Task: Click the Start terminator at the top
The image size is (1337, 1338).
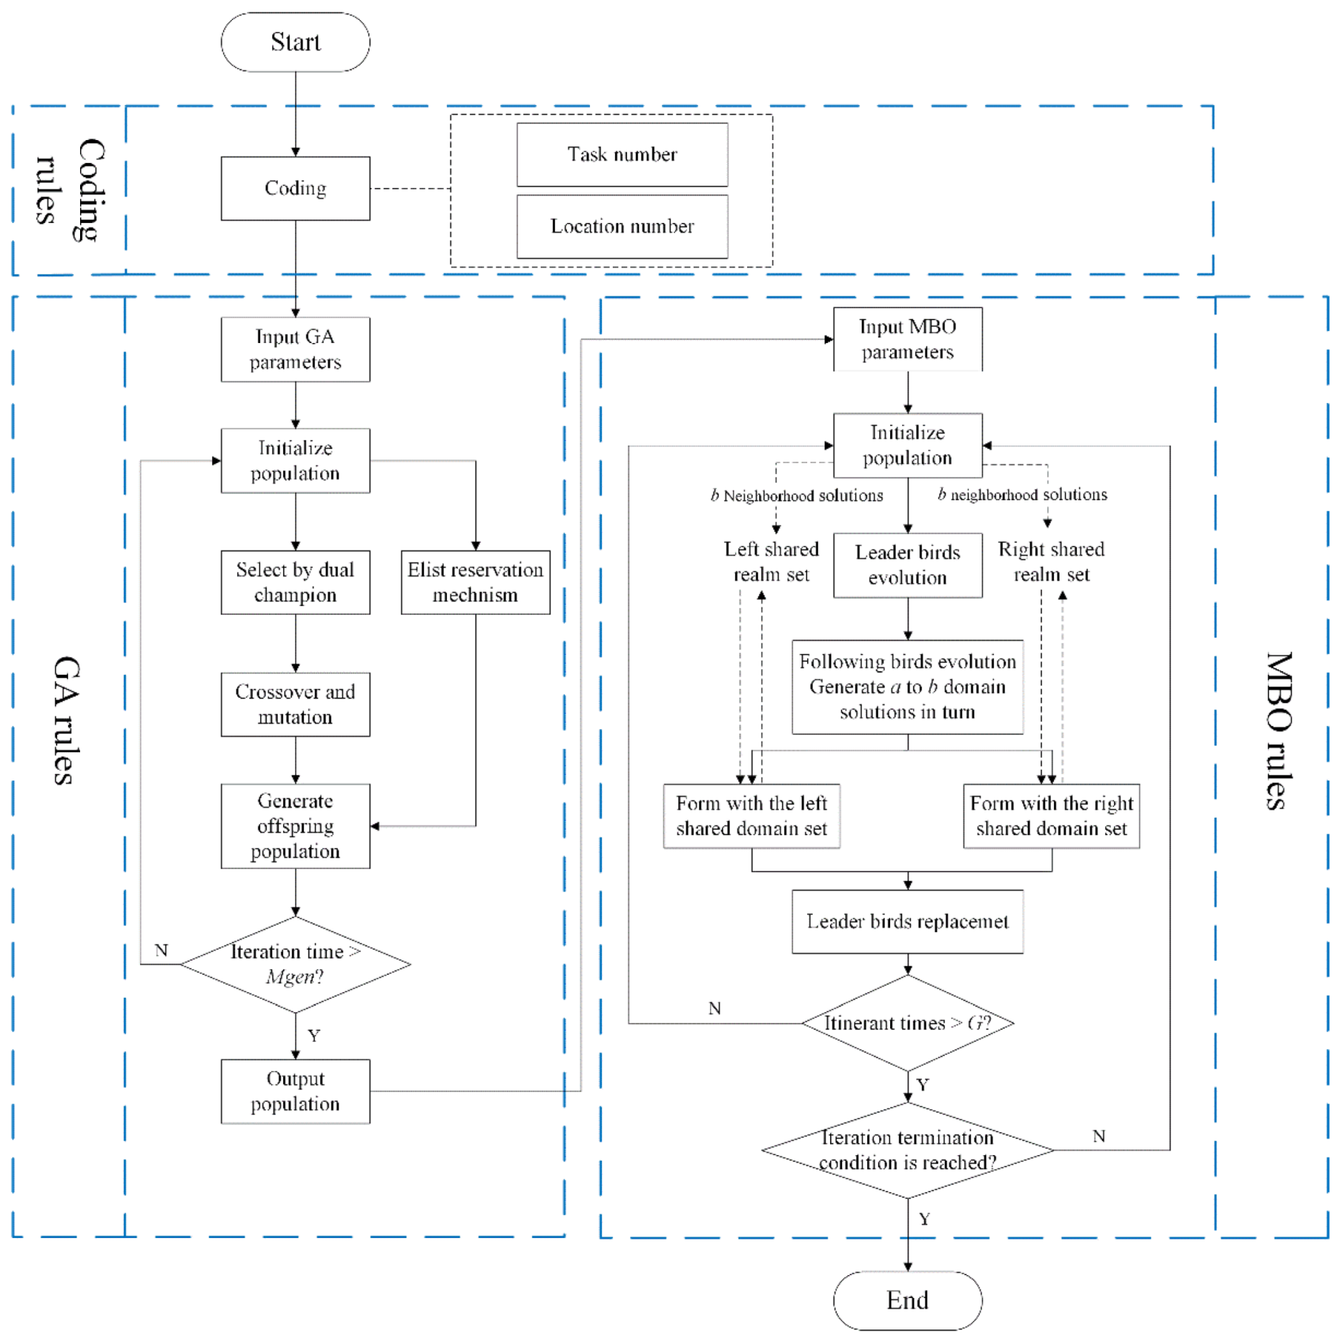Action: [295, 42]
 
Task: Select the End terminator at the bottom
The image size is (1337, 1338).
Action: [907, 1299]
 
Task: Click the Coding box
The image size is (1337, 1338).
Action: [295, 189]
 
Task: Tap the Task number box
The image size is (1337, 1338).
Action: [622, 154]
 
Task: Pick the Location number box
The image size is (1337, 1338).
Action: [622, 227]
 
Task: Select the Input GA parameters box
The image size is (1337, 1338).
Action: [295, 350]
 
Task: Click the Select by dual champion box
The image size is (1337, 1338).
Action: [295, 582]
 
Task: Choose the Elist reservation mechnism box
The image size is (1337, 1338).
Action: [475, 582]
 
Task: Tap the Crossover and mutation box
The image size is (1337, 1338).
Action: [295, 704]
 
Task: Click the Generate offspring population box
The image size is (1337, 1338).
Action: [295, 826]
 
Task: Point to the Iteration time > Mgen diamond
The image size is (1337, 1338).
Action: [295, 964]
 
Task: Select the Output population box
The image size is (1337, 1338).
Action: [295, 1091]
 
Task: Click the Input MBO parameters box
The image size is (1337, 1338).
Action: [907, 339]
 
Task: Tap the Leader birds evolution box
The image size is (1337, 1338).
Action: [907, 565]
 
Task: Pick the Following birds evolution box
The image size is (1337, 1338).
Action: [907, 686]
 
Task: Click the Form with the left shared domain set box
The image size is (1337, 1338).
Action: [751, 816]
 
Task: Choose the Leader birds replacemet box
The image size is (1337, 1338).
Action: [907, 921]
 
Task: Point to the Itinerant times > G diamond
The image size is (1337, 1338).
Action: [907, 1023]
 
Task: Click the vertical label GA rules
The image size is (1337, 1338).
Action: [66, 720]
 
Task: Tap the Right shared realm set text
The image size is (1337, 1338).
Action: [1051, 562]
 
